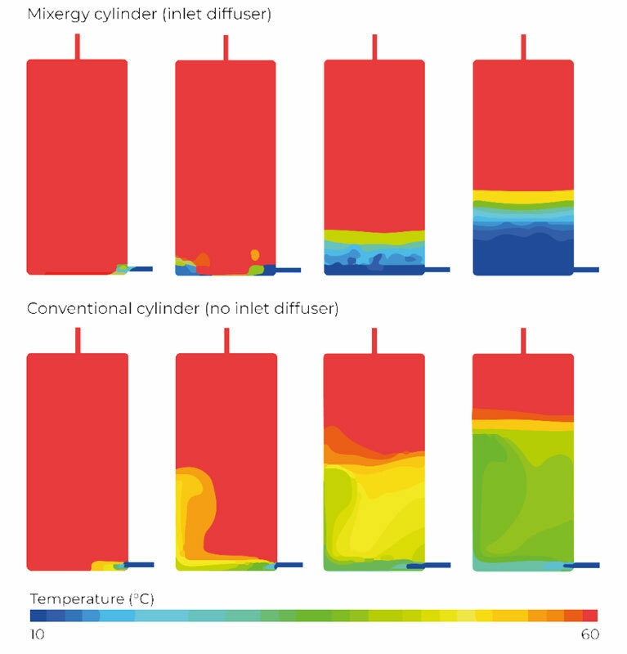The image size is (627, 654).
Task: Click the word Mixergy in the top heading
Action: pos(55,14)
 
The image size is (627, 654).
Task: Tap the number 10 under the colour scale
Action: pos(37,634)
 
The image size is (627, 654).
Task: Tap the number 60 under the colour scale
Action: pos(589,634)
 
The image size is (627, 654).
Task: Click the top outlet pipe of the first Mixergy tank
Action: pos(77,47)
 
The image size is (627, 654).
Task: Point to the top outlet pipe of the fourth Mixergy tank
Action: pos(523,47)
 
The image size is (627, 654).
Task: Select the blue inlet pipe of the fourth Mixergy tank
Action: pos(586,269)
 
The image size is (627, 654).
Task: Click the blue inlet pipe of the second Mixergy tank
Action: pos(289,269)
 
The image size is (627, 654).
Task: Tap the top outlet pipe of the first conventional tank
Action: pos(77,340)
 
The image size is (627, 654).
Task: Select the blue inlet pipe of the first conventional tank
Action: pos(140,564)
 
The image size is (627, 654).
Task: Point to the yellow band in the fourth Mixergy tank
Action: pos(523,196)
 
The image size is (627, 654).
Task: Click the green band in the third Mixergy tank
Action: pos(374,238)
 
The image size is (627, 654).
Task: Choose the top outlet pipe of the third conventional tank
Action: pos(374,340)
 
